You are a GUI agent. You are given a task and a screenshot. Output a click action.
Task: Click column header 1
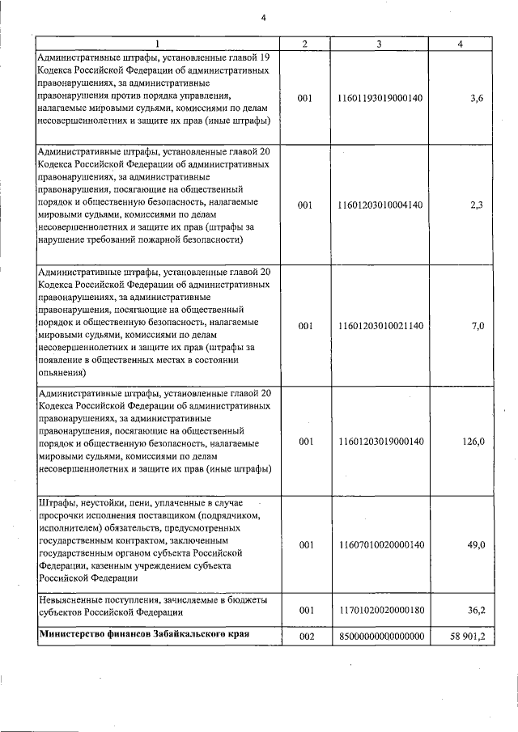(x=157, y=44)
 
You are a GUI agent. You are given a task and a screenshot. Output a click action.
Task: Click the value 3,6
(x=477, y=98)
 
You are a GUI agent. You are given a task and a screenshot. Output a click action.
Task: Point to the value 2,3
(x=477, y=205)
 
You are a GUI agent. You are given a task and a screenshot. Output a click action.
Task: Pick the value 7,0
(x=477, y=325)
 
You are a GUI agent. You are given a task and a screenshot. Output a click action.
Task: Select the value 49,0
(x=475, y=545)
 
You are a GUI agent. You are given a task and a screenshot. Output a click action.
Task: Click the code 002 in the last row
(x=305, y=637)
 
